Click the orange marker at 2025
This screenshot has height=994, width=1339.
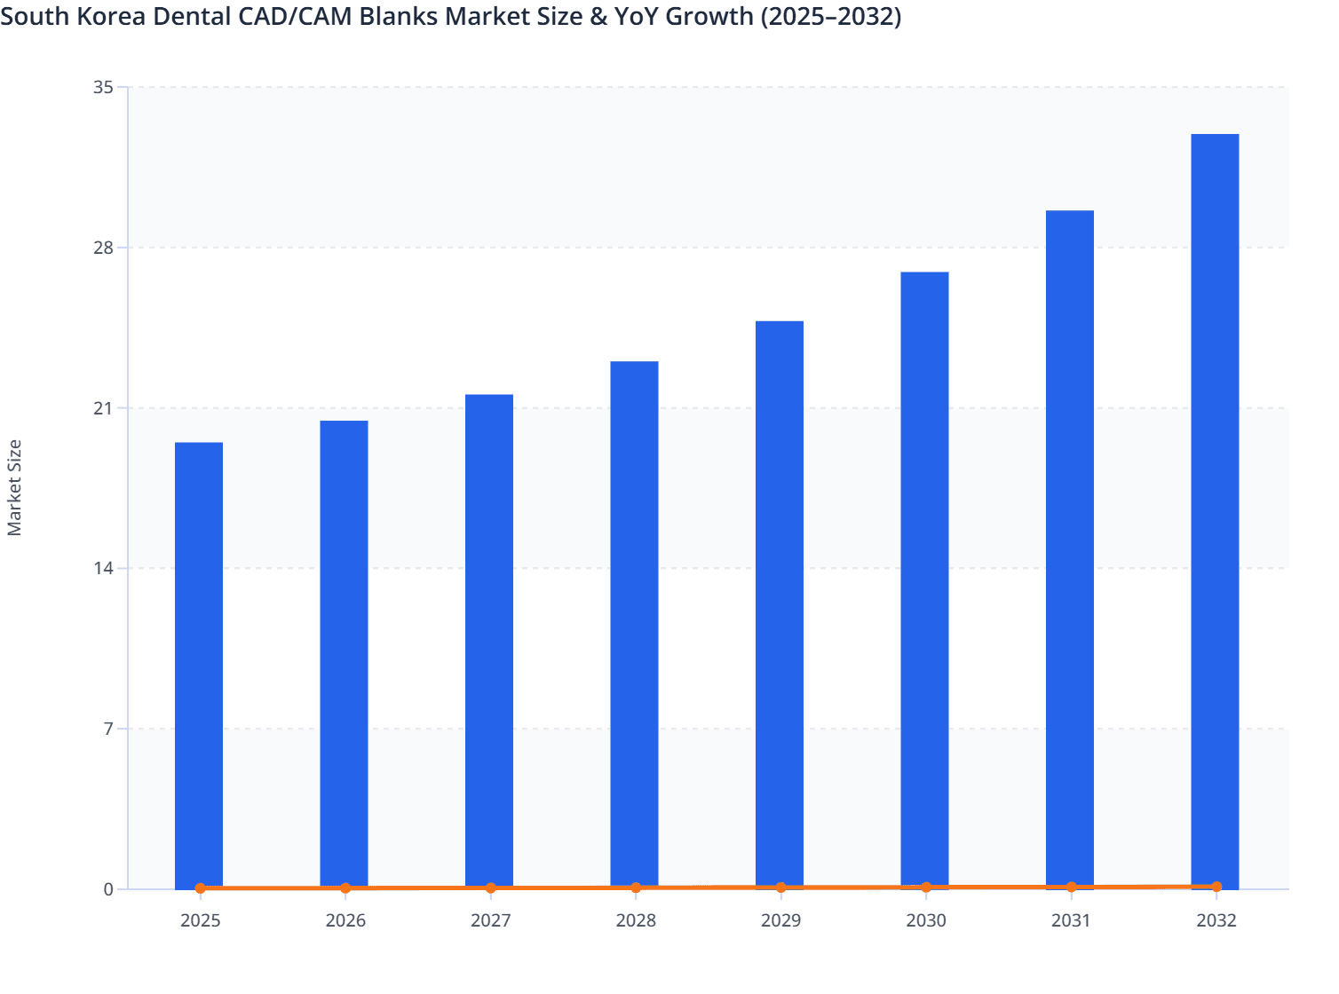[200, 887]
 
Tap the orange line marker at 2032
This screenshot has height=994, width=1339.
[1216, 887]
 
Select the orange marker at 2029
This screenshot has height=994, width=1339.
[780, 887]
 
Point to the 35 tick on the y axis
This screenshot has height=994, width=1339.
[104, 87]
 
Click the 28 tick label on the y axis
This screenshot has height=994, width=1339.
[104, 248]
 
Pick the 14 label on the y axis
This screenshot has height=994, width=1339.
[104, 568]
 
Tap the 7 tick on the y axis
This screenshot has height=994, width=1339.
[108, 729]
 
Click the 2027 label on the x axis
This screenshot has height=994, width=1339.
[490, 920]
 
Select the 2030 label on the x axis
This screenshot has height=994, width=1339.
[925, 920]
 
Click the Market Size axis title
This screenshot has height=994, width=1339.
[14, 487]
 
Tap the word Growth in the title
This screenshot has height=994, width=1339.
[705, 16]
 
